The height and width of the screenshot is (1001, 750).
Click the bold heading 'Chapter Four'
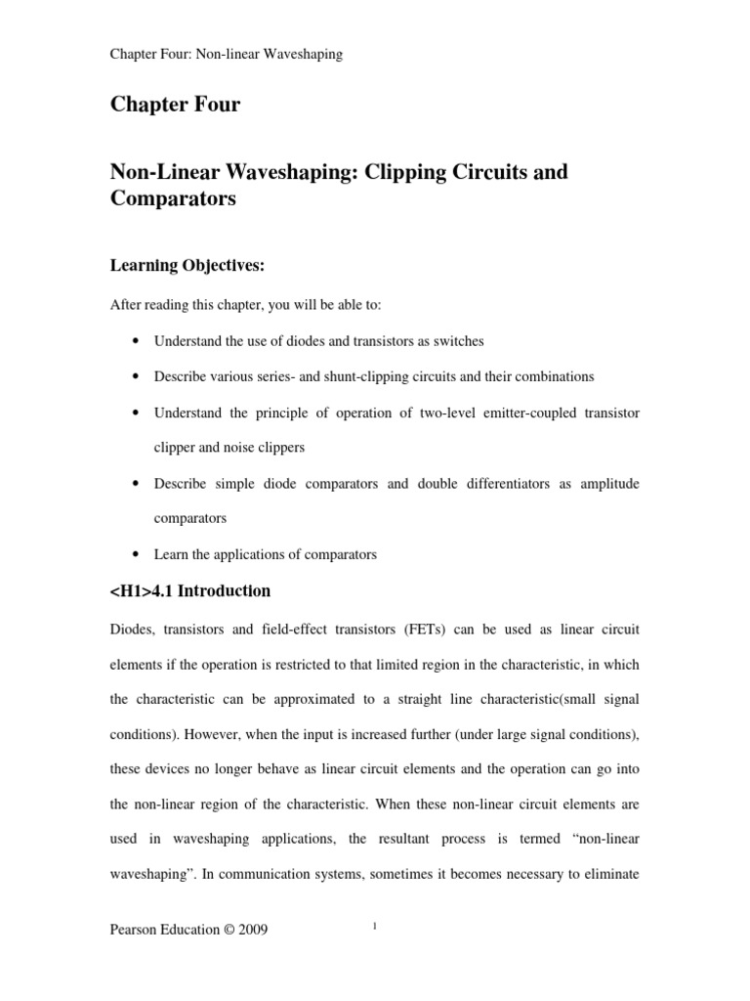[x=175, y=106]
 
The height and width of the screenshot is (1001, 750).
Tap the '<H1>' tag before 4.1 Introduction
[x=130, y=590]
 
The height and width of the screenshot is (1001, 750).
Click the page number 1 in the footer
[x=374, y=928]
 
